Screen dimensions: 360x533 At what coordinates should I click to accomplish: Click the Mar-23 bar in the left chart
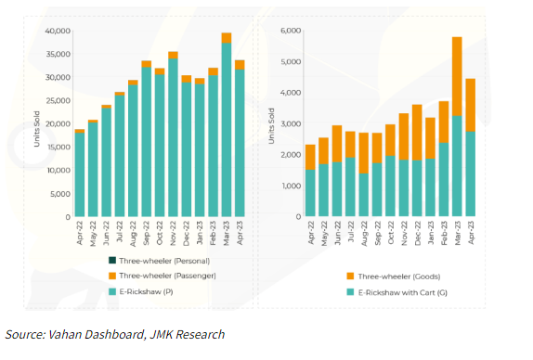point(226,130)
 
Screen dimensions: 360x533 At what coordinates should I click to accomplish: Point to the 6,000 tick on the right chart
point(289,31)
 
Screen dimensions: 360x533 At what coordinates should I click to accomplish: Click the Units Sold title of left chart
point(35,124)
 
